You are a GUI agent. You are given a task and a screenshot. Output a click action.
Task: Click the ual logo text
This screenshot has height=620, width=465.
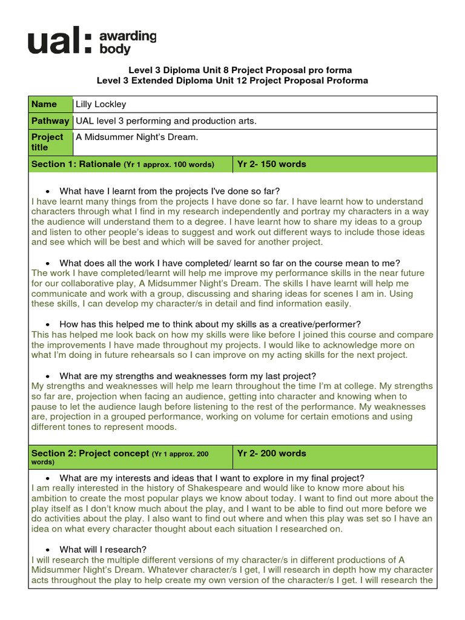(61, 42)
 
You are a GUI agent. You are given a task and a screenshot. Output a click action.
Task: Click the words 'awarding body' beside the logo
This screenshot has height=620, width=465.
(128, 43)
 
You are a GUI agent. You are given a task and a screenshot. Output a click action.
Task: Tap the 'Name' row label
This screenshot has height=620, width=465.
(44, 104)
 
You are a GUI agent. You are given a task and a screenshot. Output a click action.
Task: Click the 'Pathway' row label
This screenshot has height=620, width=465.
(50, 121)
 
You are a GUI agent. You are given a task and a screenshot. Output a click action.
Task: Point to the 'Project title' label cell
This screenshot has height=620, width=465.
(48, 142)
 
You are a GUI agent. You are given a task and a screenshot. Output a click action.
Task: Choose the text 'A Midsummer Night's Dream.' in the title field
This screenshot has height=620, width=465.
(137, 137)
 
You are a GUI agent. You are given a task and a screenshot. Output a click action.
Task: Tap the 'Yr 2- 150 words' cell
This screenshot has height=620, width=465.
(272, 164)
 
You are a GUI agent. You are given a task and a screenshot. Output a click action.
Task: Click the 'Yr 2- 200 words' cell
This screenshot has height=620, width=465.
(272, 453)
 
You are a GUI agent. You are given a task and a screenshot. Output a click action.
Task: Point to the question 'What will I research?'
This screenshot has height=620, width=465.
(103, 549)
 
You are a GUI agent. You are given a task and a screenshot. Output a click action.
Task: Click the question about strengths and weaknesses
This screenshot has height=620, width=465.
(188, 375)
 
